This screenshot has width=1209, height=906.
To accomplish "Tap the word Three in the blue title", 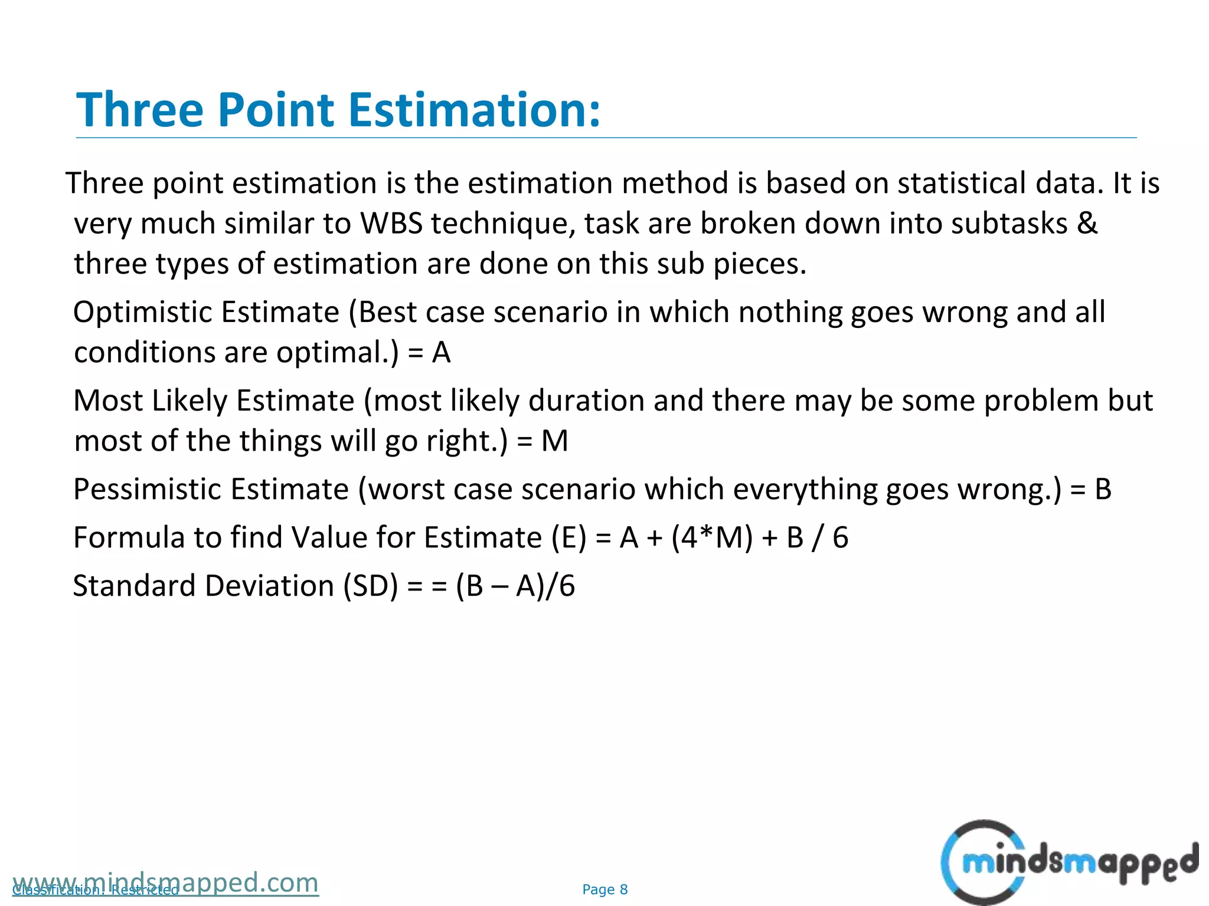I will tap(139, 110).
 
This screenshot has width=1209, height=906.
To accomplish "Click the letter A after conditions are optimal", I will tap(441, 353).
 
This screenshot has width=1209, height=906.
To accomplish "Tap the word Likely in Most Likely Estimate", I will tap(189, 401).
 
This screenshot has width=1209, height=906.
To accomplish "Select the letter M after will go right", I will tap(554, 441).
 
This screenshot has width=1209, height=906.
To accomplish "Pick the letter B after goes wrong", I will tap(1103, 490).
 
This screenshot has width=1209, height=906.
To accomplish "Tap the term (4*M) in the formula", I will tap(712, 538).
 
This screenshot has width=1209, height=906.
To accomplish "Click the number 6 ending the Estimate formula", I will tap(840, 538).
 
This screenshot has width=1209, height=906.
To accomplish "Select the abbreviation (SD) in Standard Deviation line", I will tap(371, 586).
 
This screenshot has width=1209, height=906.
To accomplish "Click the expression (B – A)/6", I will tap(515, 586).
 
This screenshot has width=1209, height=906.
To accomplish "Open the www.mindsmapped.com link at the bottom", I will tap(165, 883).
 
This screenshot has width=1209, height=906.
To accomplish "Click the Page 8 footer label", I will tap(604, 889).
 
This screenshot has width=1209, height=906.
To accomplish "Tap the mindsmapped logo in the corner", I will tap(1069, 862).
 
